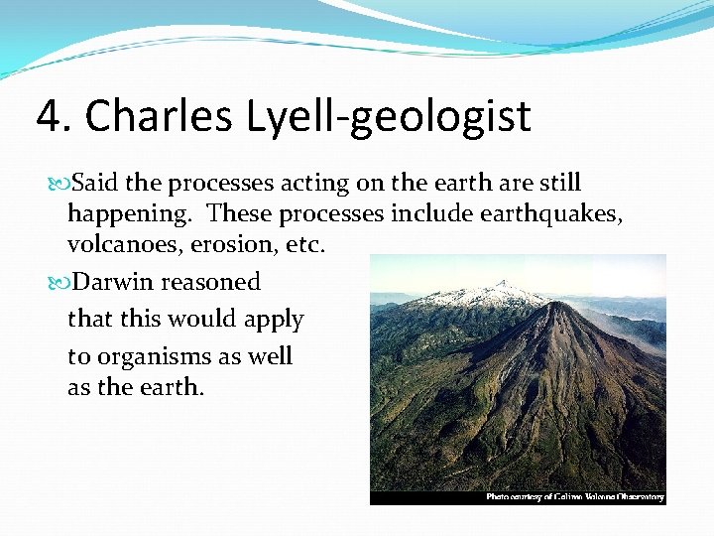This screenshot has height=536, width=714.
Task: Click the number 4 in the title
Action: click(x=50, y=116)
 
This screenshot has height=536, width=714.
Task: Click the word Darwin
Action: click(x=114, y=282)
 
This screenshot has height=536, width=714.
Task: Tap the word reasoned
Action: click(x=210, y=282)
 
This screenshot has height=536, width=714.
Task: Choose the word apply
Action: click(x=274, y=321)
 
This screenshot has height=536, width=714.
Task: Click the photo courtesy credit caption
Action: click(x=574, y=497)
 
